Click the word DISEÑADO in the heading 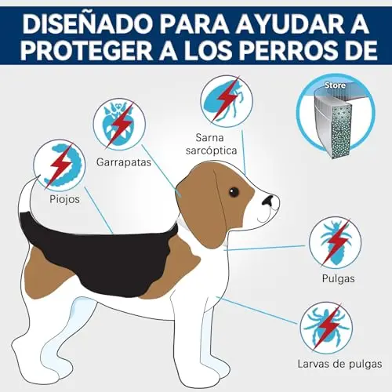click(87, 24)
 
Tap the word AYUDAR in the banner click(289, 24)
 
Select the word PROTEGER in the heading click(86, 50)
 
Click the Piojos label click(64, 199)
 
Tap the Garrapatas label click(124, 162)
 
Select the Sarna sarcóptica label click(211, 144)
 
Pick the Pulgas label click(338, 278)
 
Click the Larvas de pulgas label click(339, 364)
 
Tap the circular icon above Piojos click(60, 165)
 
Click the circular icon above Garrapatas click(119, 125)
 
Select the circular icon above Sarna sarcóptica click(227, 101)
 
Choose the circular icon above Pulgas click(336, 243)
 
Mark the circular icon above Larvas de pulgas click(326, 328)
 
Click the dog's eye click(234, 192)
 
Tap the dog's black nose click(267, 200)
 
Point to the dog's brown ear click(202, 209)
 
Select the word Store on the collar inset click(335, 85)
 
